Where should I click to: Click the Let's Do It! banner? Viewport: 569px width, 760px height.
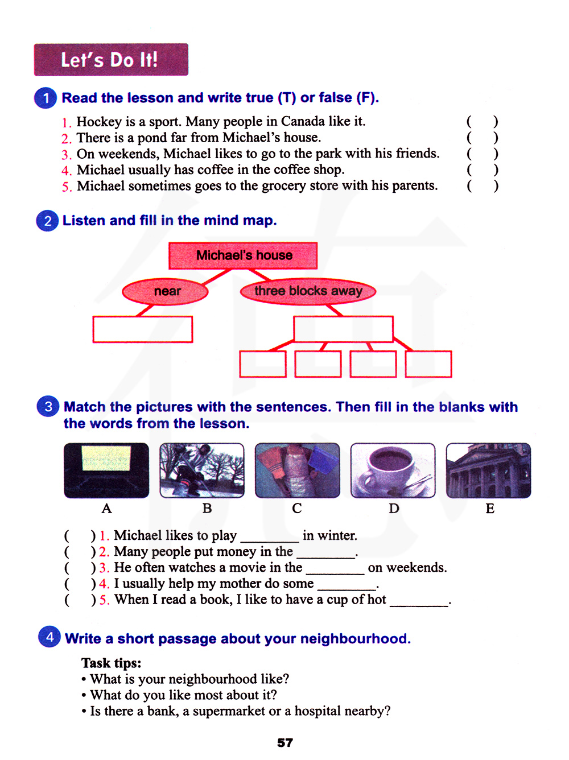click(x=111, y=60)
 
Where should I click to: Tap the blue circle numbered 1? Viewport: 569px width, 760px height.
click(x=46, y=98)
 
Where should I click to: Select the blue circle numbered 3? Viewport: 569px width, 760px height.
click(x=48, y=406)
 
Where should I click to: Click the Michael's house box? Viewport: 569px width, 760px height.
click(x=243, y=255)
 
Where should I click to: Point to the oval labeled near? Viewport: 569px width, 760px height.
click(x=165, y=291)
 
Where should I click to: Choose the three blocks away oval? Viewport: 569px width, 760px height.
click(x=308, y=291)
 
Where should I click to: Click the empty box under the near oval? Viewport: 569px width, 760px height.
click(x=143, y=329)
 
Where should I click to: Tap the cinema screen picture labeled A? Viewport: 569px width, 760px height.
click(x=106, y=470)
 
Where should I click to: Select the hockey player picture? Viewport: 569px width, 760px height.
click(x=202, y=470)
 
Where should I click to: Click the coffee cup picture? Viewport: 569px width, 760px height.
click(x=393, y=470)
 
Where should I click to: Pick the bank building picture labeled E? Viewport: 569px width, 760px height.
click(x=488, y=470)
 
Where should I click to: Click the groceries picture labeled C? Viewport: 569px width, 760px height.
click(x=298, y=470)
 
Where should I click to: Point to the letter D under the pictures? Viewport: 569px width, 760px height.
click(x=394, y=509)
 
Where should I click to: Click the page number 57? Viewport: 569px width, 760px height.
click(x=284, y=743)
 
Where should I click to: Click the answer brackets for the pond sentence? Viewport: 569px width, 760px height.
click(x=483, y=138)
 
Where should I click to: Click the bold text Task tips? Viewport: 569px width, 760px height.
click(x=111, y=663)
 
